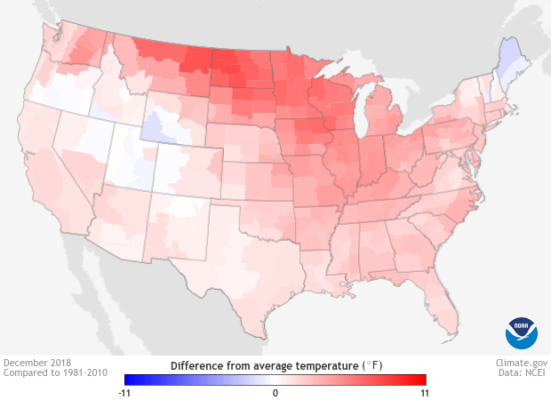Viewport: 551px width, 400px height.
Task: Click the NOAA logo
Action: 522,332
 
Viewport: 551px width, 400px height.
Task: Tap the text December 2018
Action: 37,363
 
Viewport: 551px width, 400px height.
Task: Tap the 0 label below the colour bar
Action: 275,392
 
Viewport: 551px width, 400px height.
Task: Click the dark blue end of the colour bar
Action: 130,380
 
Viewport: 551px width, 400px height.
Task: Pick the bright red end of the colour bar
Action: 421,380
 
